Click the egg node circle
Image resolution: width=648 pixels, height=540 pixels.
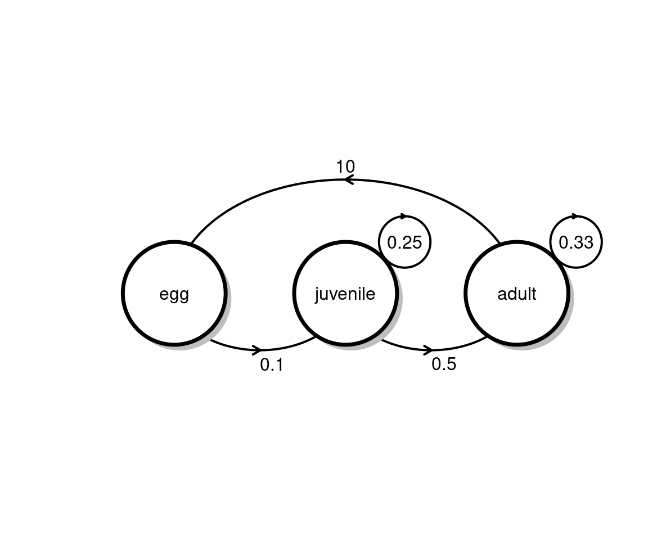click(174, 293)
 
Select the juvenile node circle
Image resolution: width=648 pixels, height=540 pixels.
click(345, 293)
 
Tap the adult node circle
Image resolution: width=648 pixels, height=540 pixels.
click(516, 293)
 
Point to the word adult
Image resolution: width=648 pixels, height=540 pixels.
click(516, 294)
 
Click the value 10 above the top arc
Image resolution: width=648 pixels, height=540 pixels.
click(345, 167)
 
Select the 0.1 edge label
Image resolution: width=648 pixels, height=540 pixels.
click(272, 365)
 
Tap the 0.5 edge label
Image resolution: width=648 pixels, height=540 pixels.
click(444, 364)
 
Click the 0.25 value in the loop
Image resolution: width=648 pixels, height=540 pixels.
click(404, 242)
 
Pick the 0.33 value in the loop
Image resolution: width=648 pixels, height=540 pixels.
click(576, 242)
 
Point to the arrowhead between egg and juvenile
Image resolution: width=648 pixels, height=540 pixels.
click(256, 349)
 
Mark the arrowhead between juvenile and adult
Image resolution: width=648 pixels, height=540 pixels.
click(428, 349)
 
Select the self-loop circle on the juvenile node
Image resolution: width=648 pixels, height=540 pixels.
click(404, 242)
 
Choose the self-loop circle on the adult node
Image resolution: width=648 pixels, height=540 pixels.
click(576, 242)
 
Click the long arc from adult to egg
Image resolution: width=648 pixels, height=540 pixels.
click(345, 180)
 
